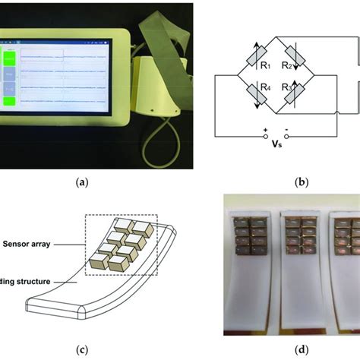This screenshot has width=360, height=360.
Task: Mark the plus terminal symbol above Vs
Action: tap(264, 131)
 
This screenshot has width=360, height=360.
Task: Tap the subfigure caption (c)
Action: tap(84, 349)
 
